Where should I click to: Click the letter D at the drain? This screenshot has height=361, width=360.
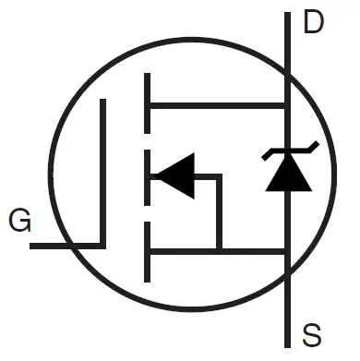(315, 22)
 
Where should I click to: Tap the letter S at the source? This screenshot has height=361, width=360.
(314, 334)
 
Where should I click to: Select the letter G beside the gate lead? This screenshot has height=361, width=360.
(18, 222)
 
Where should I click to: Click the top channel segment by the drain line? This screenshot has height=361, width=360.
(147, 104)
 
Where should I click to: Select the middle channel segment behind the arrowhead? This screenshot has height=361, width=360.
(147, 175)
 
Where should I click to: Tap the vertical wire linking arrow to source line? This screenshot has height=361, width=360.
(219, 212)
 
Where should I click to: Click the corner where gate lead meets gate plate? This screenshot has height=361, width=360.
(102, 247)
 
